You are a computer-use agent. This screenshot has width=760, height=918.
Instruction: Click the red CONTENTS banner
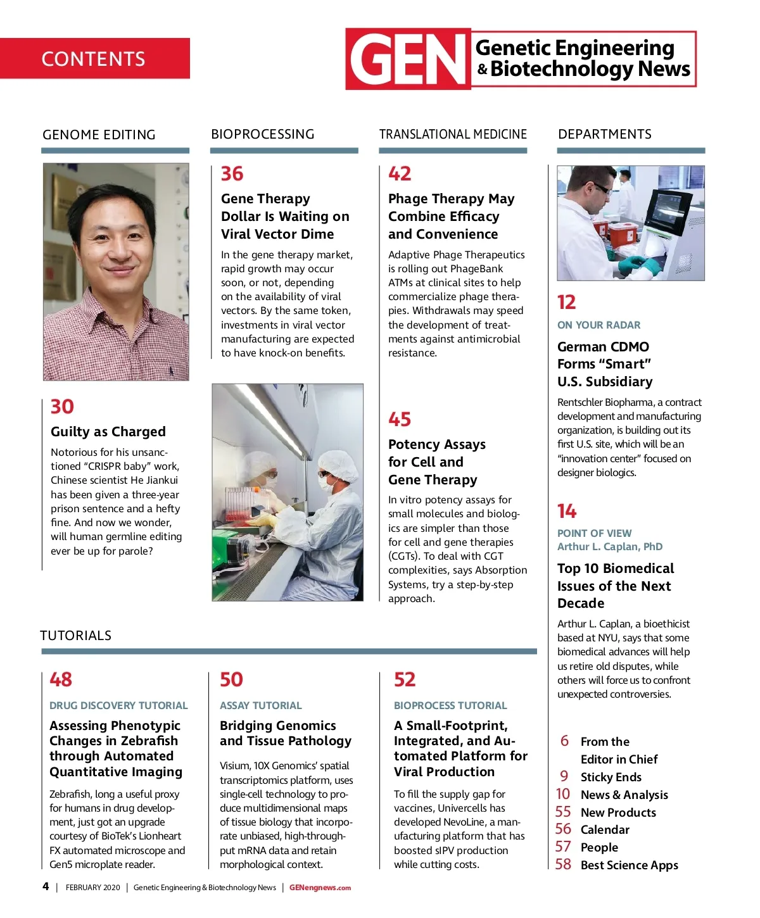pyautogui.click(x=94, y=58)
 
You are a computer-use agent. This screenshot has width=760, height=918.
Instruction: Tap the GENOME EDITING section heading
pyautogui.click(x=99, y=135)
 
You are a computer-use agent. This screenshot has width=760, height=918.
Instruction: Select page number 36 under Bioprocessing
pyautogui.click(x=232, y=173)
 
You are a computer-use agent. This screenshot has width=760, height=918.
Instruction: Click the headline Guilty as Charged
pyautogui.click(x=108, y=432)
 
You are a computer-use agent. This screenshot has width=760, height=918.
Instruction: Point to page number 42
pyautogui.click(x=400, y=173)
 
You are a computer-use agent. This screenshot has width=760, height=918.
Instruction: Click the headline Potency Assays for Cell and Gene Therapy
pyautogui.click(x=436, y=462)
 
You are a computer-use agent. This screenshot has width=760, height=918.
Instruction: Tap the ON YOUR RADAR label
pyautogui.click(x=598, y=325)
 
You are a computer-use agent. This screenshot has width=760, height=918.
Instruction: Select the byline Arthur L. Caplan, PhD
pyautogui.click(x=610, y=546)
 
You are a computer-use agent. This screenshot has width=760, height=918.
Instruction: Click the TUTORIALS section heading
pyautogui.click(x=76, y=636)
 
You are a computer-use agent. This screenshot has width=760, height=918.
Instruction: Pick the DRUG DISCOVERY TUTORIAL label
pyautogui.click(x=118, y=705)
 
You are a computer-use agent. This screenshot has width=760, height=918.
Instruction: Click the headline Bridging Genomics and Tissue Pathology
pyautogui.click(x=285, y=733)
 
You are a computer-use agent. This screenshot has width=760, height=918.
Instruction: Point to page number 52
pyautogui.click(x=405, y=679)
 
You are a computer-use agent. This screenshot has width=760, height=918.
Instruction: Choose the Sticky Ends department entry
pyautogui.click(x=611, y=777)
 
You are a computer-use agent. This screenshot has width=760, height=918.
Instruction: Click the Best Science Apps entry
pyautogui.click(x=629, y=865)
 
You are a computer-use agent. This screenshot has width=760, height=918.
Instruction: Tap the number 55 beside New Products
pyautogui.click(x=563, y=812)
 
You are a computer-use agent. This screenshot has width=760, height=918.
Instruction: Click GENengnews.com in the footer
pyautogui.click(x=320, y=888)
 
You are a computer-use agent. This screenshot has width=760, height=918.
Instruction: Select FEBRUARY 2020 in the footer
pyautogui.click(x=92, y=888)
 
